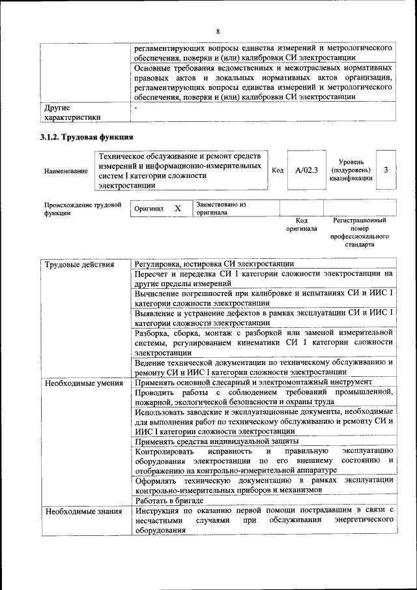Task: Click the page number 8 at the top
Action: tap(218, 31)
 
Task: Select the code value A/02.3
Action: tap(306, 170)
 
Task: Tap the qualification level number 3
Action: tap(386, 170)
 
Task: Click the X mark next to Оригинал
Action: tap(177, 209)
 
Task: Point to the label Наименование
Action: tap(66, 171)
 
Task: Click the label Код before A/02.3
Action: tap(277, 170)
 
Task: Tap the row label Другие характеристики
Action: tap(72, 112)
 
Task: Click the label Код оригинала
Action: tap(301, 225)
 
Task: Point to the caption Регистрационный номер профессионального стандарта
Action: tap(359, 233)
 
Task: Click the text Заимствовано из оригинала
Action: tap(221, 209)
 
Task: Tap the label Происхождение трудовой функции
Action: tap(83, 209)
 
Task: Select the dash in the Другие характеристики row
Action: tap(136, 107)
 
